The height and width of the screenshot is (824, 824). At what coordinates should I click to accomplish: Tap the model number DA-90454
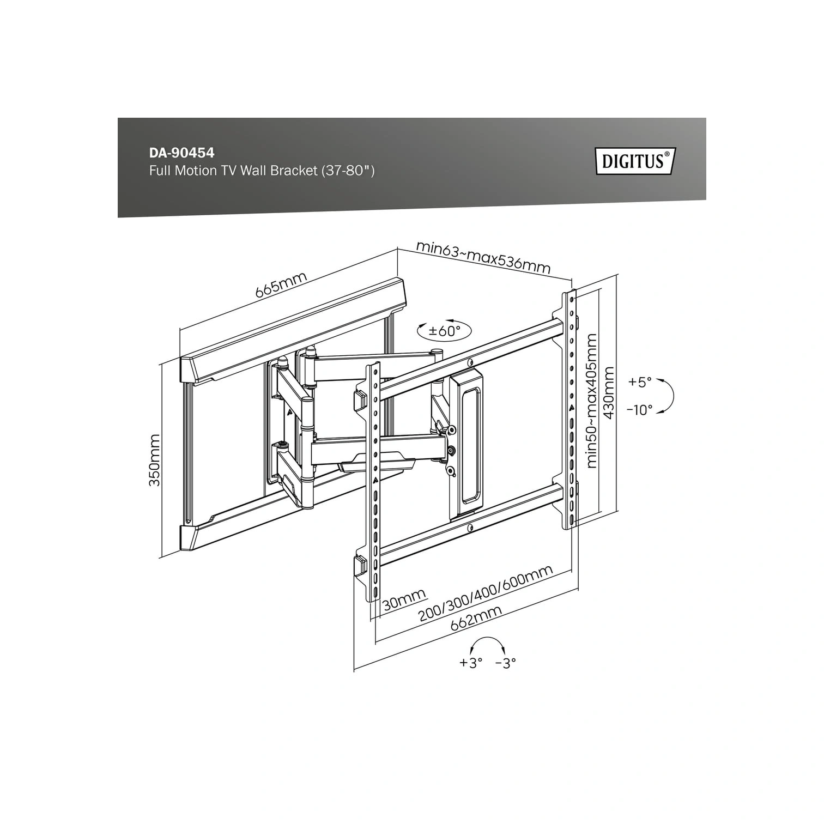click(182, 154)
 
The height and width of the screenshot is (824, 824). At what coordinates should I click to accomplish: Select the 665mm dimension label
click(281, 284)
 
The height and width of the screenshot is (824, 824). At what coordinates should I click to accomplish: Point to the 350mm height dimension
click(155, 461)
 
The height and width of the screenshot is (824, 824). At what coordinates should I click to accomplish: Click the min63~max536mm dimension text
click(483, 256)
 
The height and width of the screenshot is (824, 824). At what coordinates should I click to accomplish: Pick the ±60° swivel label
click(444, 330)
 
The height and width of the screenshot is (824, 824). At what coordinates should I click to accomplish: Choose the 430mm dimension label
click(609, 392)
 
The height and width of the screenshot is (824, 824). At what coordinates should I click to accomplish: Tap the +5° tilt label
click(640, 382)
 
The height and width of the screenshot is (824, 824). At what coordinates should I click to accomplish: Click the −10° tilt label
click(639, 410)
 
